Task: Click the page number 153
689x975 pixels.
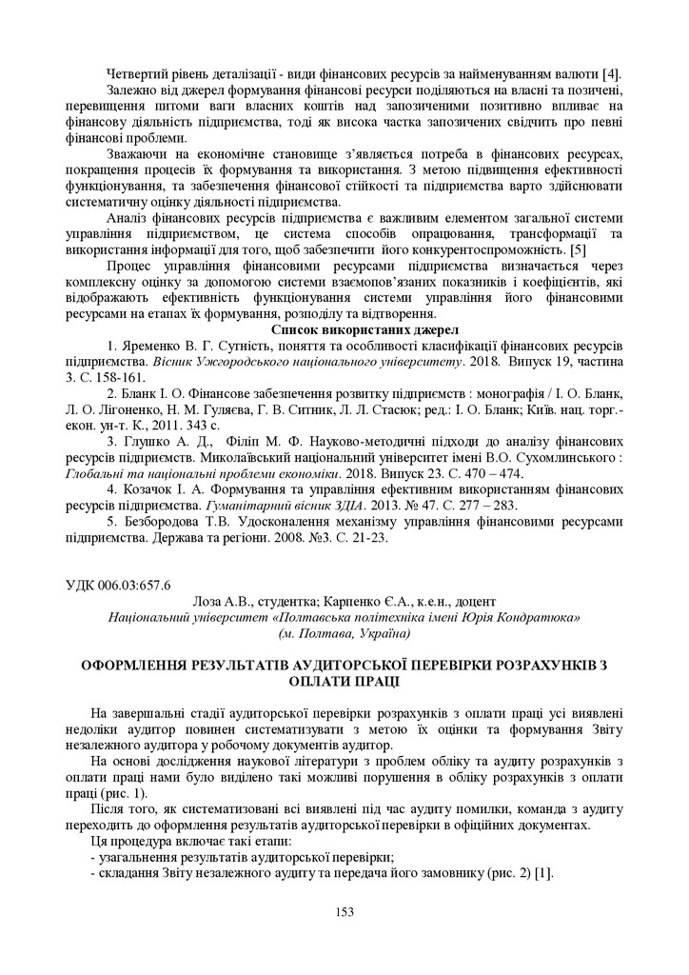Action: point(344,912)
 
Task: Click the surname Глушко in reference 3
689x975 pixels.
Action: point(149,442)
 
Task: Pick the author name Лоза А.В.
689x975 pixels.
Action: point(218,601)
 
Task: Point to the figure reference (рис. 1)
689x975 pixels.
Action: point(126,792)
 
